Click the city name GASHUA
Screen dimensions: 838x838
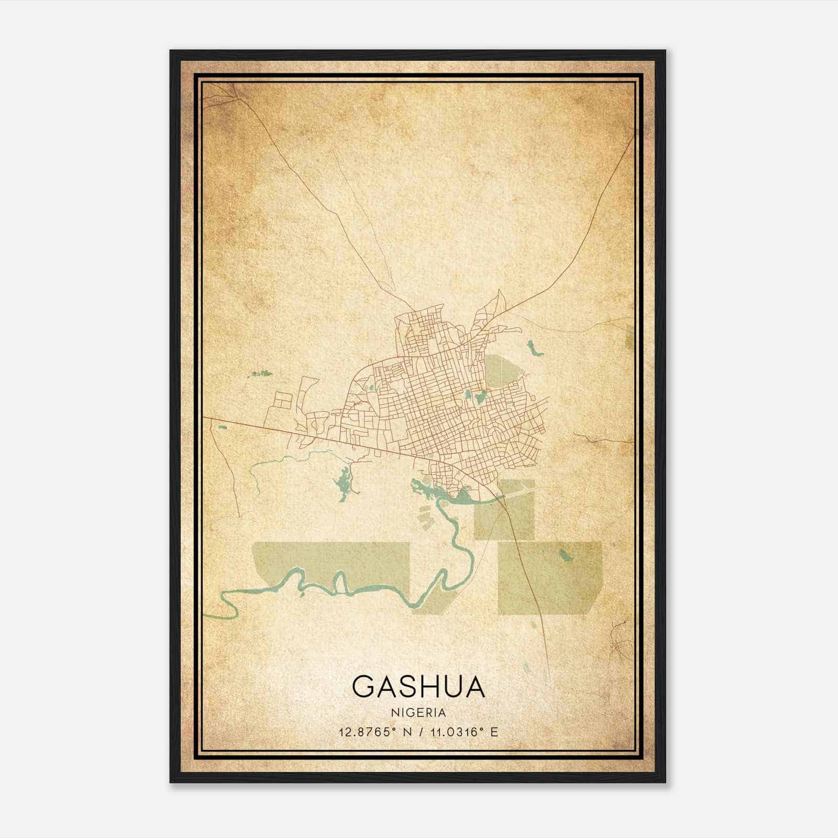(x=418, y=687)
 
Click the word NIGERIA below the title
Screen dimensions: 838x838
(x=418, y=713)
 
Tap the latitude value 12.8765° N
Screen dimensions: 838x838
(x=375, y=732)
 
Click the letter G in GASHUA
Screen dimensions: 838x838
(x=363, y=687)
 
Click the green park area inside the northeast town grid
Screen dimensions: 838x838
(x=503, y=372)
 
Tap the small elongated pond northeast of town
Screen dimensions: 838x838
(x=534, y=348)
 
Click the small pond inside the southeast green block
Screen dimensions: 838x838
(x=565, y=554)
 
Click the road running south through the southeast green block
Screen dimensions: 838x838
(x=526, y=576)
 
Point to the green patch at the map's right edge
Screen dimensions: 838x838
(x=629, y=335)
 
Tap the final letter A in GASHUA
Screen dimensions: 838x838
(x=474, y=687)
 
